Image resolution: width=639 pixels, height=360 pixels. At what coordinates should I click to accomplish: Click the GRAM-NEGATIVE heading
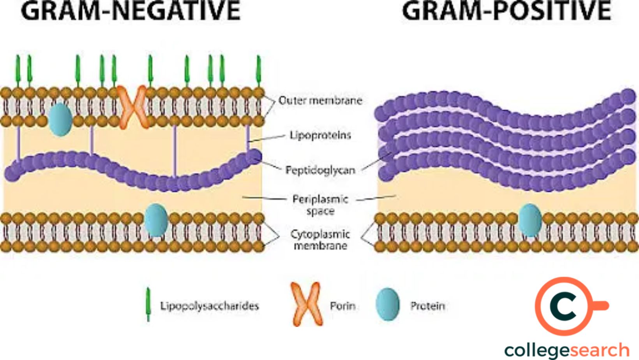pyautogui.click(x=131, y=11)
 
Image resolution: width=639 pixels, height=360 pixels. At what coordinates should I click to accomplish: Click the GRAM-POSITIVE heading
pyautogui.click(x=507, y=11)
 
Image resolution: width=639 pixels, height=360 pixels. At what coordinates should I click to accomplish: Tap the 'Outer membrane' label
pyautogui.click(x=320, y=101)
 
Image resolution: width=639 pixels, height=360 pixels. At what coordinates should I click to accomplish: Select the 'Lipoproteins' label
pyautogui.click(x=320, y=135)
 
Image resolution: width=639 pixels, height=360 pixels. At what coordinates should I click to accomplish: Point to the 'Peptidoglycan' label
pyautogui.click(x=320, y=170)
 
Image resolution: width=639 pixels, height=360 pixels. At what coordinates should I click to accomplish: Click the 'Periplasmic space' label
pyautogui.click(x=320, y=205)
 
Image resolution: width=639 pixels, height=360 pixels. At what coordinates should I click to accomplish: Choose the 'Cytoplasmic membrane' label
pyautogui.click(x=320, y=240)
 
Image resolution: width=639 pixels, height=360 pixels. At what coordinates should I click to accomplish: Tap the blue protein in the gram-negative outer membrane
pyautogui.click(x=60, y=119)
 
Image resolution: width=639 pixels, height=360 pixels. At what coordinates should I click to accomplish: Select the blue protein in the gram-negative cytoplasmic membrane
pyautogui.click(x=156, y=220)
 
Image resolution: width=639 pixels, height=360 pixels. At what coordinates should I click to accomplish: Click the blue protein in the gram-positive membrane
pyautogui.click(x=530, y=220)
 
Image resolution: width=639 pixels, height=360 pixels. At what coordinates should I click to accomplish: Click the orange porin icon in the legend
pyautogui.click(x=307, y=305)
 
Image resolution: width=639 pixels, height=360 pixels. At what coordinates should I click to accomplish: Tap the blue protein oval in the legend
pyautogui.click(x=388, y=305)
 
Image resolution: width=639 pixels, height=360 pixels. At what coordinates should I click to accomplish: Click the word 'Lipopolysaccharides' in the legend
pyautogui.click(x=210, y=306)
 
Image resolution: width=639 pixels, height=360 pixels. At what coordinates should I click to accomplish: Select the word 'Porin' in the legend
pyautogui.click(x=342, y=306)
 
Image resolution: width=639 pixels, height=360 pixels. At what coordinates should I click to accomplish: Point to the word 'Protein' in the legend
pyautogui.click(x=427, y=306)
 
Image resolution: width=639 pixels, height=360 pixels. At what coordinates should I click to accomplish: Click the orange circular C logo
pyautogui.click(x=565, y=306)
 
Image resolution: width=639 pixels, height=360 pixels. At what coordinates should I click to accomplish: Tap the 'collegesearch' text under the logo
pyautogui.click(x=567, y=350)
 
